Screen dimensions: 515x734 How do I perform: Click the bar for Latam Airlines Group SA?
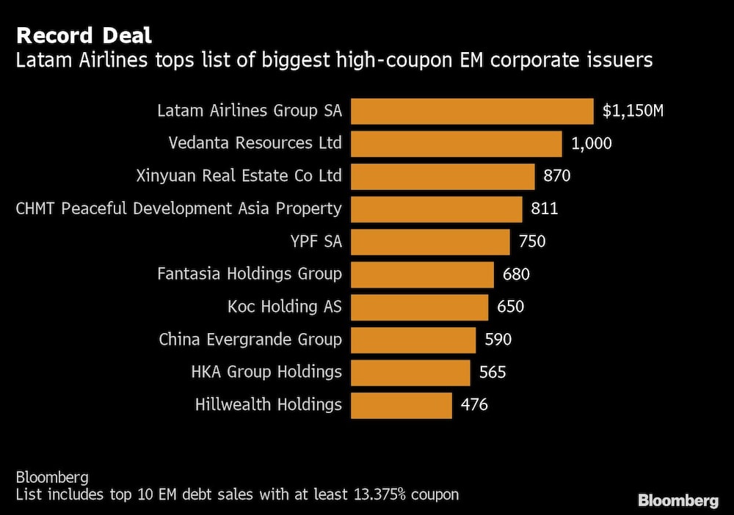(472, 112)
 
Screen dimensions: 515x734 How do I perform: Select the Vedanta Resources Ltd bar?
(457, 144)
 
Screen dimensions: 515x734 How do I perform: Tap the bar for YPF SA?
(430, 241)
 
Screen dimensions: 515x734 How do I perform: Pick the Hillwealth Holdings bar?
(401, 405)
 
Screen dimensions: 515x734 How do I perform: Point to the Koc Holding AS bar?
(419, 307)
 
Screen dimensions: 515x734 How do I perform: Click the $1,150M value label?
(633, 112)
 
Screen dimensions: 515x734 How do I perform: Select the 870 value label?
(557, 176)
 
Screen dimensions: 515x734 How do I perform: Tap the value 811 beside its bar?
(545, 209)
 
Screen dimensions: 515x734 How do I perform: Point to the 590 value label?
(498, 340)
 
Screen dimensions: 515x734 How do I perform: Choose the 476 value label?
(474, 405)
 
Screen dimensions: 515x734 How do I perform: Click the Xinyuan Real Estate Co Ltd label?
(239, 176)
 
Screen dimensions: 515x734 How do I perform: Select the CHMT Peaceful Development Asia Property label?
(178, 209)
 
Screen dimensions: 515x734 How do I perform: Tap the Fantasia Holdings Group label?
(250, 274)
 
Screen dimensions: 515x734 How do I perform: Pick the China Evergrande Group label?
(250, 340)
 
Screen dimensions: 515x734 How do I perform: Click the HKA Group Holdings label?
(266, 372)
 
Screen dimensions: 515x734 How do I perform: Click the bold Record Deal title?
(84, 35)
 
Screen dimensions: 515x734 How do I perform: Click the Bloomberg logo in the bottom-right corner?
(678, 501)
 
